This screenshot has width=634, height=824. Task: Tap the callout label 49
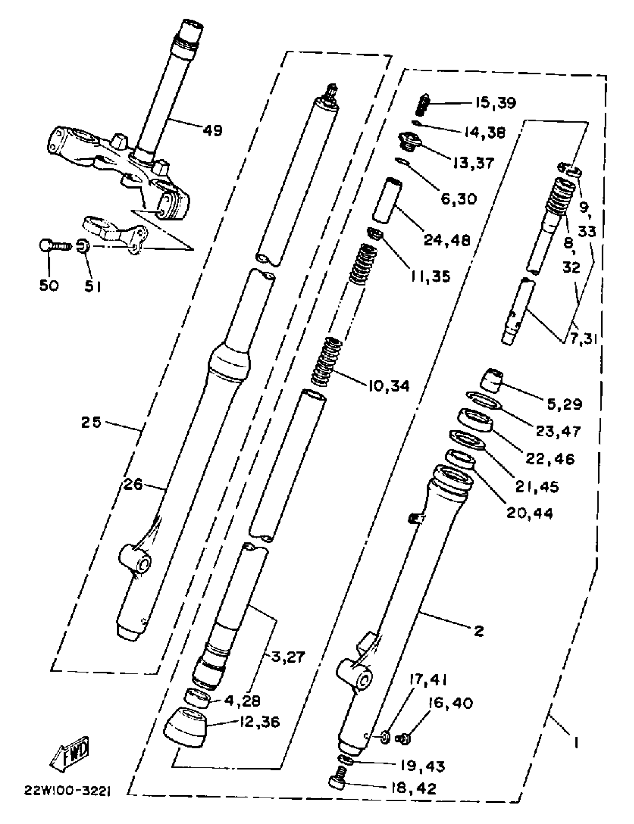213,130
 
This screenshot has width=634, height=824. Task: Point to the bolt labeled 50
55,246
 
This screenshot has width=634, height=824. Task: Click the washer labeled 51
83,246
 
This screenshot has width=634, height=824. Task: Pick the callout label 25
91,422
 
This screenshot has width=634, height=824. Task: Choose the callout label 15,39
495,103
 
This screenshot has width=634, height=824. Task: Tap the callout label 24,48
447,240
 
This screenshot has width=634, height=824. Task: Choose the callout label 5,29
564,404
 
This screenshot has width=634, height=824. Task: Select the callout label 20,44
530,513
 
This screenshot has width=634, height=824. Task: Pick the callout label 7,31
583,339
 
